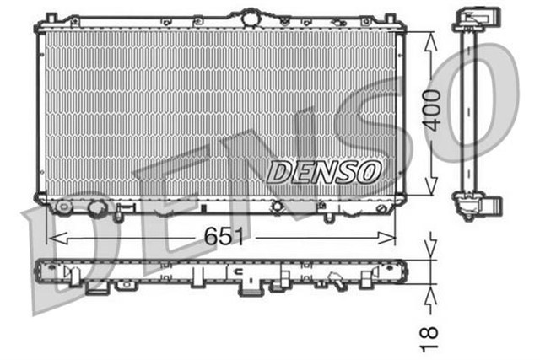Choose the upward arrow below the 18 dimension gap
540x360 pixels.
431,293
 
